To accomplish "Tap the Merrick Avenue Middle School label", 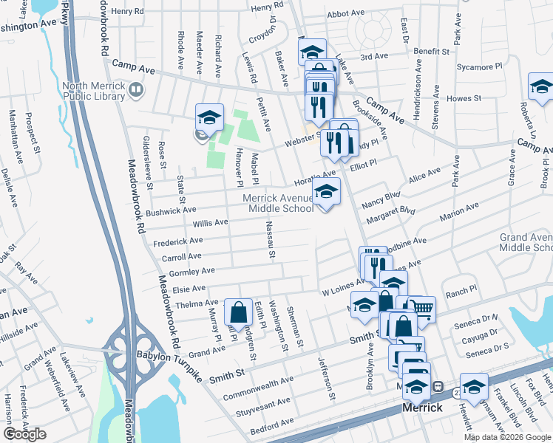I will click(x=279, y=203).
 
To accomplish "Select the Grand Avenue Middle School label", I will click(x=525, y=241).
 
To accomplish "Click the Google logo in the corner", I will click(x=25, y=434).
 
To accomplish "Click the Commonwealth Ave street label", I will click(x=259, y=388).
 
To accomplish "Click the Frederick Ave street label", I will click(x=177, y=241).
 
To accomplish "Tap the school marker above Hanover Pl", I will click(x=210, y=118).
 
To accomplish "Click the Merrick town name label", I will click(x=421, y=408).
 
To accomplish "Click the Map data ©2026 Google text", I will click(x=508, y=437).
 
